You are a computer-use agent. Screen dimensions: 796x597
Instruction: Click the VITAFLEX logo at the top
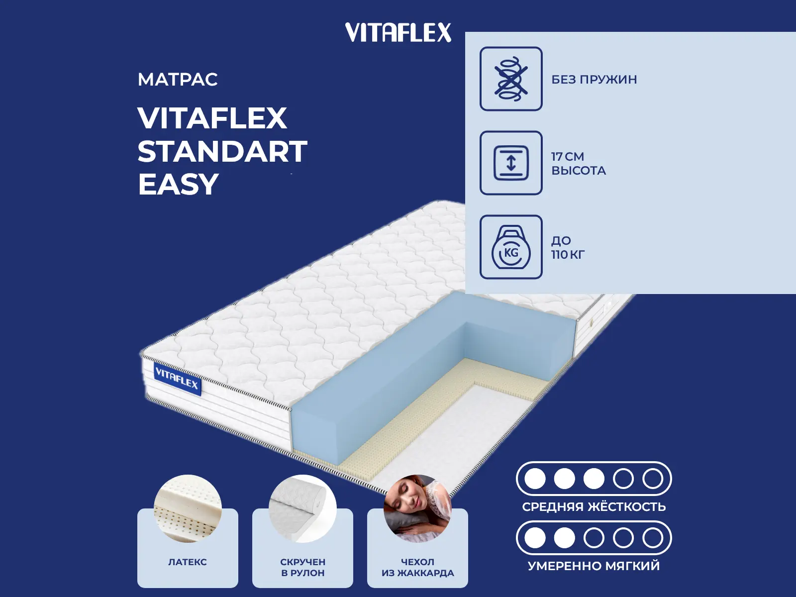398,32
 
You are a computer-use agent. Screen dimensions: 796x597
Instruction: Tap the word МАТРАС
178,80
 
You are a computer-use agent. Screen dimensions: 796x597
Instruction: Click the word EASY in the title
178,184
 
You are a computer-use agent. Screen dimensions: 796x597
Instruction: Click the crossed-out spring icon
511,79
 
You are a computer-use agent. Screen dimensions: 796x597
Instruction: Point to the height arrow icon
511,163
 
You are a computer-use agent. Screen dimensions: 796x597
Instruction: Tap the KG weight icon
511,247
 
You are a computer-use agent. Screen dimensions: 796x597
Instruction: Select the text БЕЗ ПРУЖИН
594,80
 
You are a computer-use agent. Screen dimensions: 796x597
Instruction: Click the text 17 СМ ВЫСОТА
579,164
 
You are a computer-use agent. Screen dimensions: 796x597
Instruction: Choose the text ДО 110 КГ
568,248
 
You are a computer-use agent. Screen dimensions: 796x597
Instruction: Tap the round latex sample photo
188,508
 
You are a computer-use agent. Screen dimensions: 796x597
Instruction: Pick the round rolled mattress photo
302,508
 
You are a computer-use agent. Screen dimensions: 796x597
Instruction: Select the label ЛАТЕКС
188,562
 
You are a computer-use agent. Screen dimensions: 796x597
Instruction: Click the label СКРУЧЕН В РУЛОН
302,568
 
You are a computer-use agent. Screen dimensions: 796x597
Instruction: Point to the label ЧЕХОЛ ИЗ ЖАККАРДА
417,568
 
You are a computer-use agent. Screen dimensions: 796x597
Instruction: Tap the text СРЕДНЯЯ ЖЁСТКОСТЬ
594,507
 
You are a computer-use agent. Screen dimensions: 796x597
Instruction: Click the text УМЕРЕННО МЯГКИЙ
594,566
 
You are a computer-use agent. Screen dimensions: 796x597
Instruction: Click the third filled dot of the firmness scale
594,479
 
